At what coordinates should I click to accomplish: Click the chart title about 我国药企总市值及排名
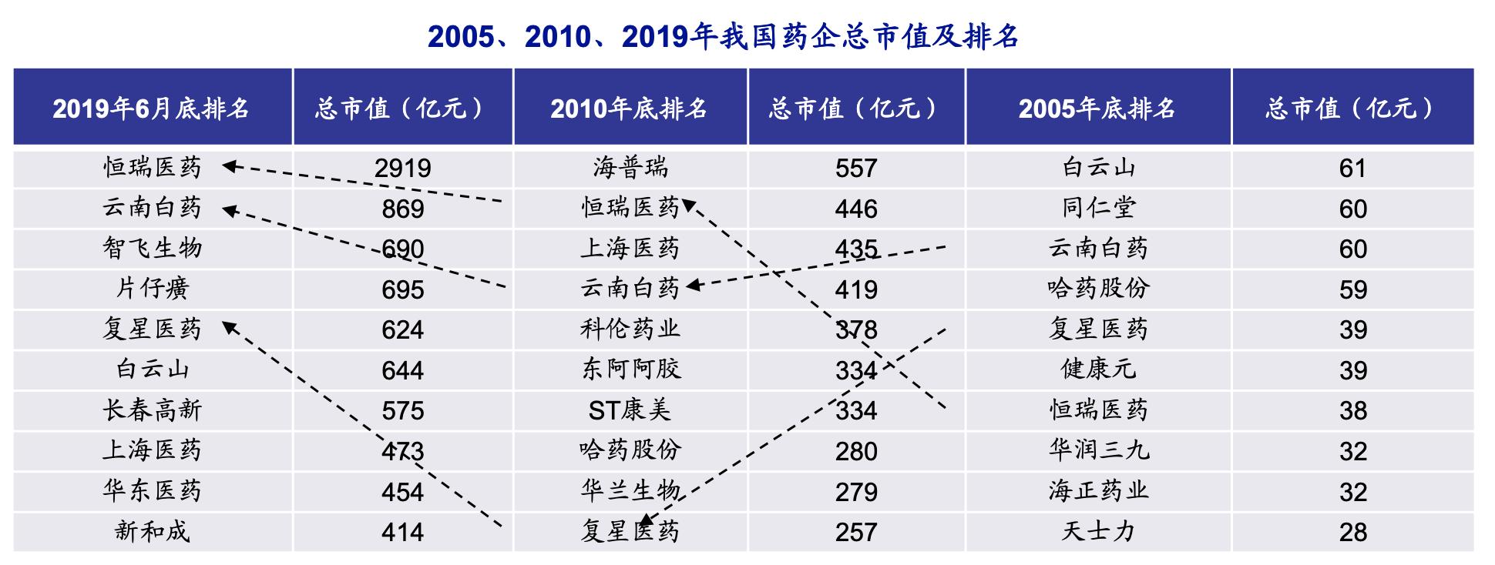click(x=723, y=36)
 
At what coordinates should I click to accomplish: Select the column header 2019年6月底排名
click(x=151, y=109)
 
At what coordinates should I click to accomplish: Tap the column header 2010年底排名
click(x=629, y=109)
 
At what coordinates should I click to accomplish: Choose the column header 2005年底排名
click(x=1097, y=109)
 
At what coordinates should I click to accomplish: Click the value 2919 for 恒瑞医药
click(x=402, y=169)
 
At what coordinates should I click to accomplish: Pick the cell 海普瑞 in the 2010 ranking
click(x=630, y=168)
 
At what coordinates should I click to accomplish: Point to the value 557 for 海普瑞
click(x=855, y=169)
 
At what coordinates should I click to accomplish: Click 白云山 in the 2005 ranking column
click(x=1098, y=168)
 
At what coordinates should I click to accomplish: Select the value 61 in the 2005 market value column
click(x=1352, y=169)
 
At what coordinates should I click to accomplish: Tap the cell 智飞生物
click(x=152, y=249)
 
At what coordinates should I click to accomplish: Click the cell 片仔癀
click(x=152, y=289)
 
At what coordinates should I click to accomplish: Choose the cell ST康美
click(x=630, y=410)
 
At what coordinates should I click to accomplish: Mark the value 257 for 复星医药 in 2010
click(x=855, y=532)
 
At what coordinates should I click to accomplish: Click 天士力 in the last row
click(x=1098, y=531)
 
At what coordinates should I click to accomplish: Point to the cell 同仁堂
click(x=1098, y=209)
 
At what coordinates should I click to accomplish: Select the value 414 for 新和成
click(x=402, y=532)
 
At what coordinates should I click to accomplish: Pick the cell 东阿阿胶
click(x=630, y=369)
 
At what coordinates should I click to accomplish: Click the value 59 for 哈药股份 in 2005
click(x=1352, y=289)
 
